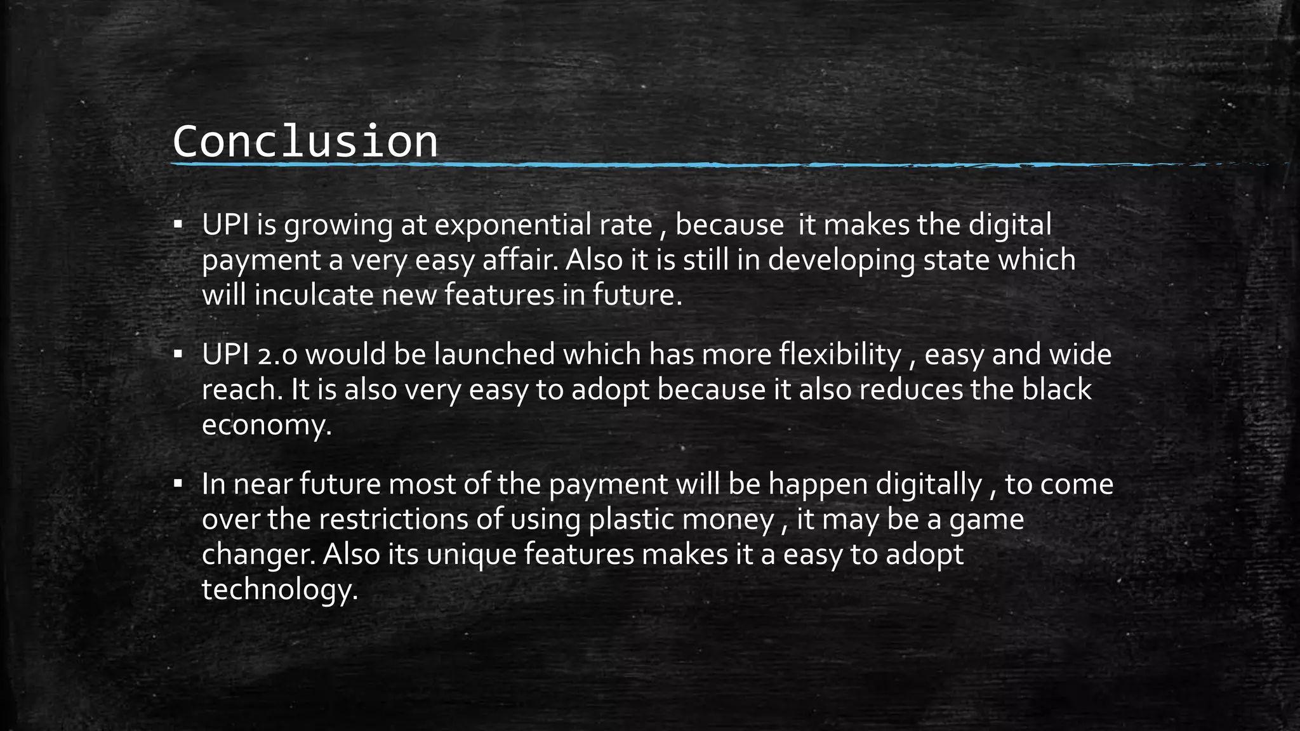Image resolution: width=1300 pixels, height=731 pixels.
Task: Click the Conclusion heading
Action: [x=305, y=142]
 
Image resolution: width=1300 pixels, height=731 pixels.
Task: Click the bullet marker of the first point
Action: [x=178, y=225]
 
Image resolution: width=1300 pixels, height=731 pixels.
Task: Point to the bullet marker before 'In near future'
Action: [x=178, y=484]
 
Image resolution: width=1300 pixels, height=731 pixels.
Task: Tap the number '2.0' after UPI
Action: [x=277, y=355]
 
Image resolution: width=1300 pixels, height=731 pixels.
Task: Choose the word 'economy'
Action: [x=265, y=426]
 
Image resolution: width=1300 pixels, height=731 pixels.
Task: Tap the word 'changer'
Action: [x=258, y=555]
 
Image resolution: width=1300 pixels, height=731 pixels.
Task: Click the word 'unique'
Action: [x=472, y=555]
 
